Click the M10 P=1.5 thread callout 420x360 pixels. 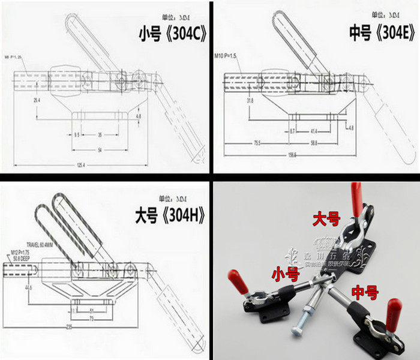226,55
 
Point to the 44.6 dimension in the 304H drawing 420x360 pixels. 28,287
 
